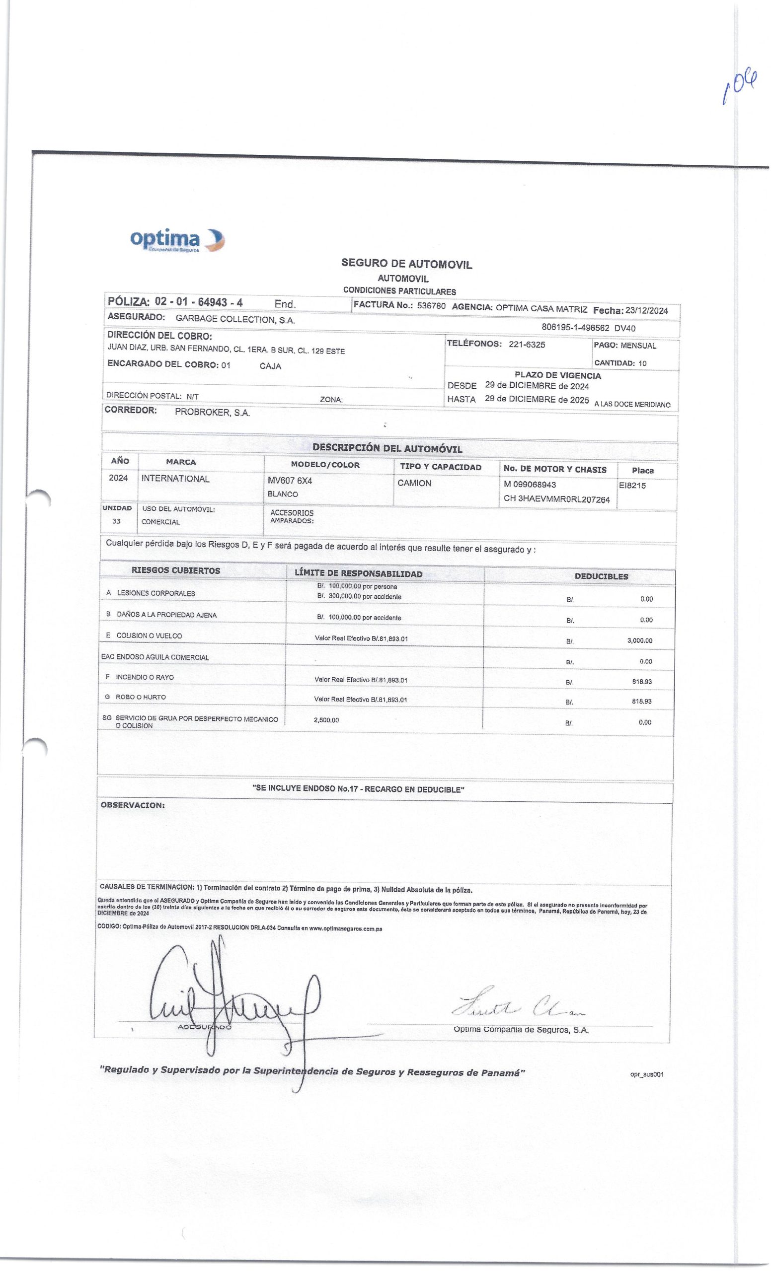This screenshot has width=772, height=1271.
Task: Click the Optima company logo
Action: (176, 240)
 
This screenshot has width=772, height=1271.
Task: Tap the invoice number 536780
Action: (431, 306)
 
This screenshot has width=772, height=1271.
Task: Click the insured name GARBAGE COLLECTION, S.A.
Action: (235, 319)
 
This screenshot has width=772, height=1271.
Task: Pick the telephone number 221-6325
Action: (527, 345)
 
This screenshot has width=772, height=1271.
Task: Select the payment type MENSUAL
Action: (638, 346)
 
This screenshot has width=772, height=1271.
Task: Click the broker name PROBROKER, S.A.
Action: (213, 413)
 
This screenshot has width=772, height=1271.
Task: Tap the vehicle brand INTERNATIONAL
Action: (175, 479)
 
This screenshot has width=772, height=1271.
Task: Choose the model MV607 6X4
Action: (290, 481)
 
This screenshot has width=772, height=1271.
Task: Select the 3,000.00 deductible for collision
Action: (639, 640)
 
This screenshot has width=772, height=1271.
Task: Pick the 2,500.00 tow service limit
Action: (326, 720)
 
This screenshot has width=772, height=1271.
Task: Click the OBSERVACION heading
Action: (133, 805)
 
